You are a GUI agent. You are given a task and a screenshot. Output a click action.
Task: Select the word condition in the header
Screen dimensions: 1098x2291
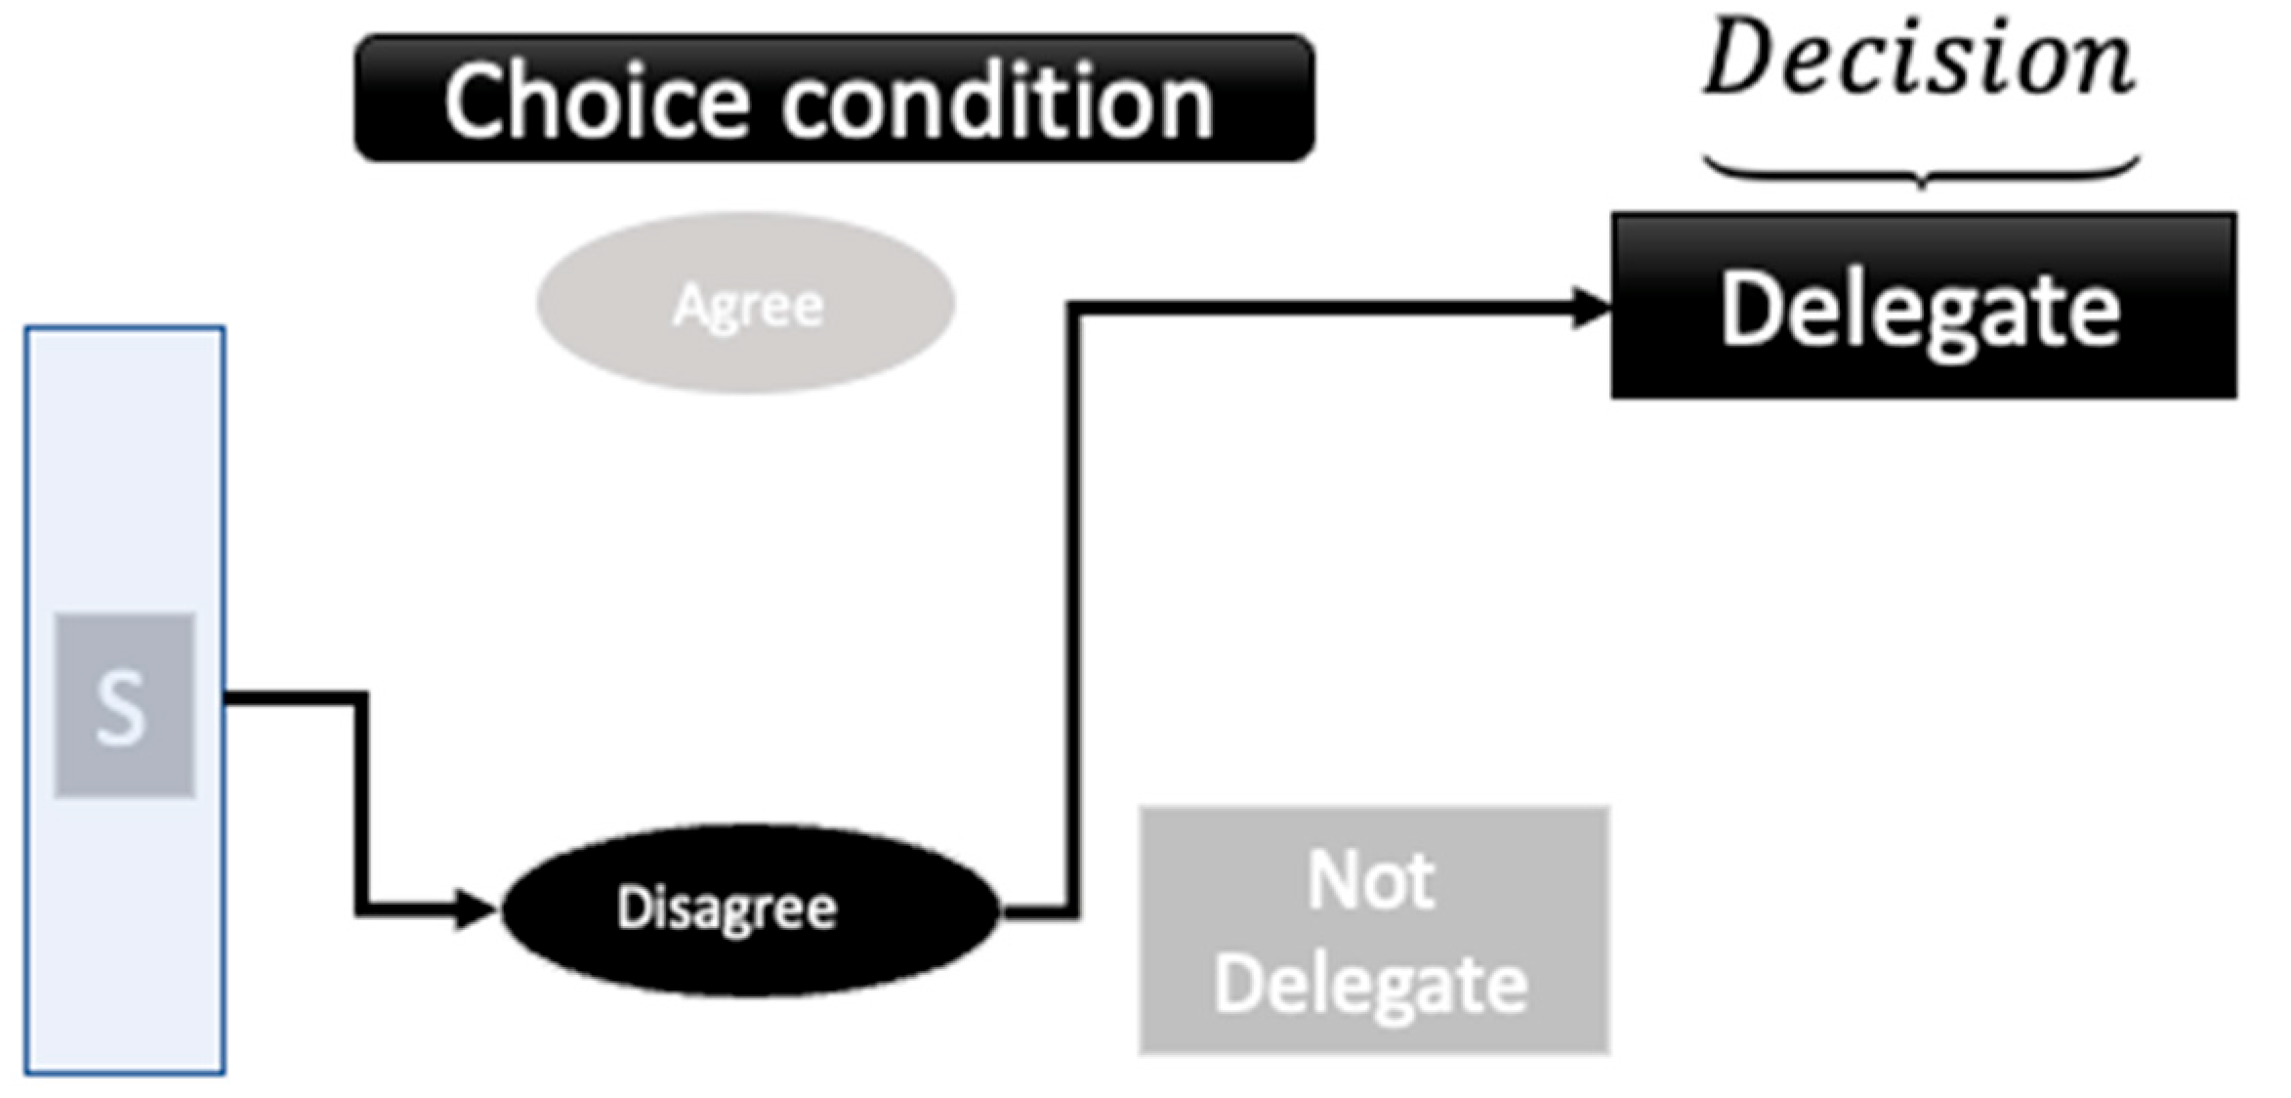(x=996, y=101)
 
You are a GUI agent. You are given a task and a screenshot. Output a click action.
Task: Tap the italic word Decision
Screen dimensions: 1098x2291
(x=1920, y=59)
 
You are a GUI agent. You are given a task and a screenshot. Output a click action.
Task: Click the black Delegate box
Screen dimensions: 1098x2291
(x=1922, y=306)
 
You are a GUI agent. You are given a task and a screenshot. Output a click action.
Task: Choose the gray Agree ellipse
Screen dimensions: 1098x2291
(x=746, y=304)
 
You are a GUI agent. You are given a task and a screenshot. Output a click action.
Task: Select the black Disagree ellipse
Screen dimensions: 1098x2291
(x=750, y=909)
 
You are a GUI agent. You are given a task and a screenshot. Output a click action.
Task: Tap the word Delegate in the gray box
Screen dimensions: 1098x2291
(x=1371, y=985)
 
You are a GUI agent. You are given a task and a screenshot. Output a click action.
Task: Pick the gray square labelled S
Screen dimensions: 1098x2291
(x=124, y=705)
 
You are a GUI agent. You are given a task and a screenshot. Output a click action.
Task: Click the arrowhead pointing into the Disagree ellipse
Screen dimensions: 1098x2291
(x=477, y=910)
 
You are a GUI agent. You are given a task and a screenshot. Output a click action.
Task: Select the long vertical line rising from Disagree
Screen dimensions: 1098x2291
(x=1073, y=606)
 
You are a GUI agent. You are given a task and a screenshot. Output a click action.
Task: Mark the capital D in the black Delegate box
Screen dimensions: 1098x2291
(x=1748, y=309)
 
